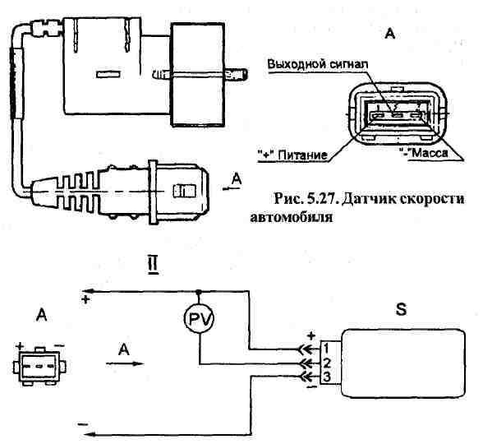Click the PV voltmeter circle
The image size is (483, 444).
pyautogui.click(x=199, y=319)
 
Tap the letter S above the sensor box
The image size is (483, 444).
pyautogui.click(x=401, y=309)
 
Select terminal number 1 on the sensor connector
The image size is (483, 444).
pyautogui.click(x=326, y=349)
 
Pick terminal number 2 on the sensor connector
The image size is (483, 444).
pyautogui.click(x=327, y=363)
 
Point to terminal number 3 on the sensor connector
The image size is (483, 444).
pyautogui.click(x=327, y=377)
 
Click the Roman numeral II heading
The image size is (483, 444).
pyautogui.click(x=153, y=266)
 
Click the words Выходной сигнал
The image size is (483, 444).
pyautogui.click(x=317, y=64)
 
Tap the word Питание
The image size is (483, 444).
pyautogui.click(x=302, y=155)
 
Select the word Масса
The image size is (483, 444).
pyautogui.click(x=430, y=153)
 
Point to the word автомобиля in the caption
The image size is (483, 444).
pyautogui.click(x=291, y=218)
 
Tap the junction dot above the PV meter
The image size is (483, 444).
pyautogui.click(x=199, y=291)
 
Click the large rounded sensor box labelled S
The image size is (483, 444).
pyautogui.click(x=402, y=363)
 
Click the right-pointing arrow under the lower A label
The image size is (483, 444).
pyautogui.click(x=125, y=363)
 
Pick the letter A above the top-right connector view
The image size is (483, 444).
pyautogui.click(x=390, y=34)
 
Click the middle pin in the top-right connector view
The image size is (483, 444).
pyautogui.click(x=397, y=117)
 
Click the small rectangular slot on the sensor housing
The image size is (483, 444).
pyautogui.click(x=108, y=75)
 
